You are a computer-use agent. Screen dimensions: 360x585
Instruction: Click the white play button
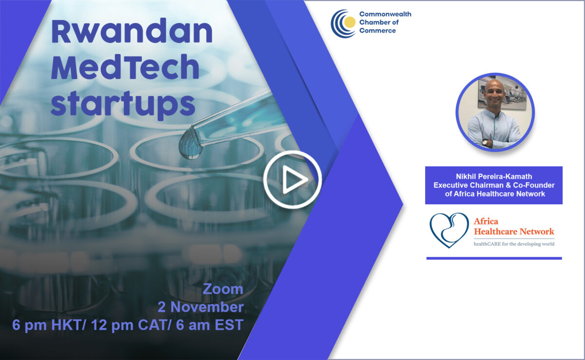coord(292,180)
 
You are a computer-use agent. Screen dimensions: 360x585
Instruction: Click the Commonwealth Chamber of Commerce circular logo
coord(343,23)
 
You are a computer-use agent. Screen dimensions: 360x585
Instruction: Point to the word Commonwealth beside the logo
coord(385,14)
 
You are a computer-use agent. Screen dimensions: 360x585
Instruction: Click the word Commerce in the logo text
coord(377,31)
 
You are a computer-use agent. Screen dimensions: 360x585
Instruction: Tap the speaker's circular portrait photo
coord(495,112)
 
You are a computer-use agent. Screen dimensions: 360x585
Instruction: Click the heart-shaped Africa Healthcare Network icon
coord(448,230)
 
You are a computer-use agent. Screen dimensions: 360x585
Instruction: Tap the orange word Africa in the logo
coord(486,222)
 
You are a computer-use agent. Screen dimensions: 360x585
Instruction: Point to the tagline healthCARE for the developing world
coord(514,244)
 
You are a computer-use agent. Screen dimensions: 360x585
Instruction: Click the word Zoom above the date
coord(223,289)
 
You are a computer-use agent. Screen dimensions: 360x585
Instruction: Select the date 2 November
coord(200,307)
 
